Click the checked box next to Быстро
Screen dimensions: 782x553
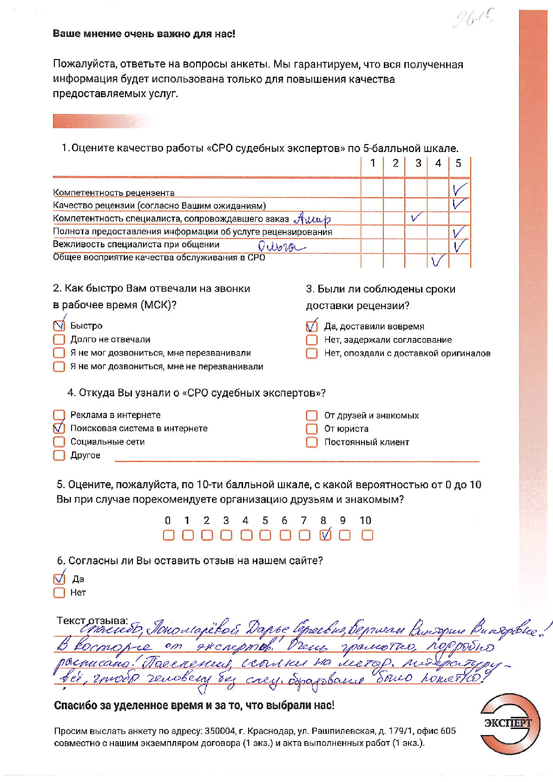pos(59,325)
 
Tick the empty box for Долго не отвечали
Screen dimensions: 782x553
pos(59,339)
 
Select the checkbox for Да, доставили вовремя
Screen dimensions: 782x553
pos(312,326)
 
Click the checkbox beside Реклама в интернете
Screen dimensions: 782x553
pos(59,415)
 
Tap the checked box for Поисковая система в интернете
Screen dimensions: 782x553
pos(59,428)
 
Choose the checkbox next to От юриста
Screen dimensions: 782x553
pos(312,429)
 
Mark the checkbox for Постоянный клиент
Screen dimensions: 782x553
pos(312,442)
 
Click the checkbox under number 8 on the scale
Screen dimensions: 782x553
pos(325,535)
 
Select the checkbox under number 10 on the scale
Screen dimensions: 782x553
pos(367,535)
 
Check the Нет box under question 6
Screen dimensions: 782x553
pos(59,593)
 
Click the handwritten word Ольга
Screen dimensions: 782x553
pos(281,246)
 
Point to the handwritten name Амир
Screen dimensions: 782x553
pos(312,218)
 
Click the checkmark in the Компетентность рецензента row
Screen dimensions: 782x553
pos(459,189)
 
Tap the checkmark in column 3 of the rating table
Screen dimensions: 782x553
pos(416,217)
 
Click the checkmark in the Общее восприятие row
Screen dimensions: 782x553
pos(437,260)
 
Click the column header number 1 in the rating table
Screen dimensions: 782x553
pos(373,163)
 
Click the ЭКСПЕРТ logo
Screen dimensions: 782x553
pos(509,724)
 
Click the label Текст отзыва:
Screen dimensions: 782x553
pos(92,621)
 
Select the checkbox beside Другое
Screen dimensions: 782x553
pos(59,455)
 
